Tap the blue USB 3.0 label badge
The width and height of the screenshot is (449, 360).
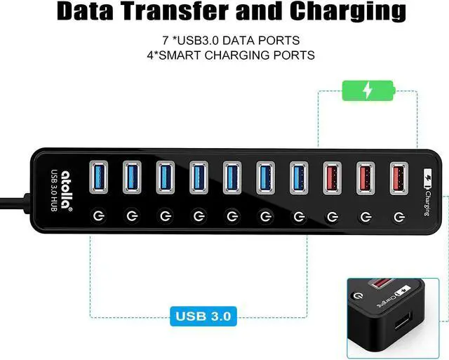[x=201, y=315]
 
